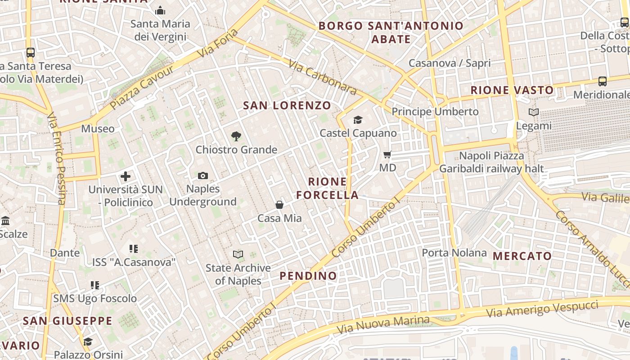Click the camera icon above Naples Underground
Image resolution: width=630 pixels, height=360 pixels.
pyautogui.click(x=203, y=176)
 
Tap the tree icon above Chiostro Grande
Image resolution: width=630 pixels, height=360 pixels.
pyautogui.click(x=236, y=136)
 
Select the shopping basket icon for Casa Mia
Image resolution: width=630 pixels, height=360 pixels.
pyautogui.click(x=279, y=205)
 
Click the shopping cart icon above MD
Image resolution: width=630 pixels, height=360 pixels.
pyautogui.click(x=387, y=155)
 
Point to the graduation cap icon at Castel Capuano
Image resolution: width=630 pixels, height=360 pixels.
pyautogui.click(x=358, y=120)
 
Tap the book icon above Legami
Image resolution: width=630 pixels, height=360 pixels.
pyautogui.click(x=534, y=112)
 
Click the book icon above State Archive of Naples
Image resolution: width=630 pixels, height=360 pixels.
pyautogui.click(x=238, y=255)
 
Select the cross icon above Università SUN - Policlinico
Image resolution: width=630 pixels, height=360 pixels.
pyautogui.click(x=126, y=176)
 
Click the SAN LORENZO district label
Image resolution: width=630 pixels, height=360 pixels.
pyautogui.click(x=287, y=106)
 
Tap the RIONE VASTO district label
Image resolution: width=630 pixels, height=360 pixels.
pyautogui.click(x=512, y=90)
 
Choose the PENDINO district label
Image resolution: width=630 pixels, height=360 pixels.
pyautogui.click(x=308, y=276)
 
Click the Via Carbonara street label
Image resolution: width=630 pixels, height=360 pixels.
pyautogui.click(x=323, y=78)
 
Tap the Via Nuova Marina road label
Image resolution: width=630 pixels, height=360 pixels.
pyautogui.click(x=383, y=325)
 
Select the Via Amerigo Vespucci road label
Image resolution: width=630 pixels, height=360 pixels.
pyautogui.click(x=542, y=310)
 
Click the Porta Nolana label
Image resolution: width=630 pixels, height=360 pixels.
pyautogui.click(x=454, y=253)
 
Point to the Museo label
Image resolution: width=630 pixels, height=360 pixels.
pyautogui.click(x=98, y=129)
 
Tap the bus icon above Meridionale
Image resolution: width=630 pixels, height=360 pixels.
pyautogui.click(x=603, y=81)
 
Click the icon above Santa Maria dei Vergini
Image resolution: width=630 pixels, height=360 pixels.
pyautogui.click(x=160, y=10)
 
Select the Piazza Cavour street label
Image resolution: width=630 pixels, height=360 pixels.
pyautogui.click(x=141, y=87)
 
